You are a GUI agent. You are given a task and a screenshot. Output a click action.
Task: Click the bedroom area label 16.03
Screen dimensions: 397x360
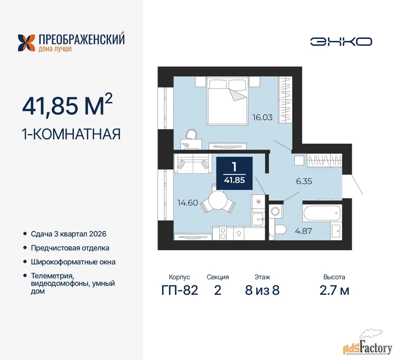pos(262,117)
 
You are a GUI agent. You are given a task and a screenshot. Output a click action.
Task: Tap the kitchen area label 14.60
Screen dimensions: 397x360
pos(188,203)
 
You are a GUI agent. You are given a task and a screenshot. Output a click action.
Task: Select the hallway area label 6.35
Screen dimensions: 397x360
pos(304,181)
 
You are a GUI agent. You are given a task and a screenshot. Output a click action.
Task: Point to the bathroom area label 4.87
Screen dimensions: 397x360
pos(303,231)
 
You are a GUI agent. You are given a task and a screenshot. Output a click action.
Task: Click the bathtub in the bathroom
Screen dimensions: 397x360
pos(322,213)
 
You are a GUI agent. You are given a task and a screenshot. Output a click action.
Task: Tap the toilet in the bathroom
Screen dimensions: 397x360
pos(280,230)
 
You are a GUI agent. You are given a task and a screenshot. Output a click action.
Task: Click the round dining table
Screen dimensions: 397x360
pos(218,200)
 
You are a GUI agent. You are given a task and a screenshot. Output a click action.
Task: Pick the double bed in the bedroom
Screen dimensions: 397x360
pos(227,101)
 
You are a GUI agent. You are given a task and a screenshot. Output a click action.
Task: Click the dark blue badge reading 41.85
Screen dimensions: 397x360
pos(234,173)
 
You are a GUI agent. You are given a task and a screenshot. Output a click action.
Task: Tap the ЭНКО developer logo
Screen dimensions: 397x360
pos(341,42)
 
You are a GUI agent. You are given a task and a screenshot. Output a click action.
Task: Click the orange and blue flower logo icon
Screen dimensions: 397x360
pos(26,43)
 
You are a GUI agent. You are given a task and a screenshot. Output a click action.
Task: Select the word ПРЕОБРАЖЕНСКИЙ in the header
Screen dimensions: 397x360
pos(82,39)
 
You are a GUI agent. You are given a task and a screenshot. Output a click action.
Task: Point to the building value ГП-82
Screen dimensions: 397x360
pos(180,290)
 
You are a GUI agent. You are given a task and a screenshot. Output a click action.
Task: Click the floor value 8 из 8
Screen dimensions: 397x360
pos(262,290)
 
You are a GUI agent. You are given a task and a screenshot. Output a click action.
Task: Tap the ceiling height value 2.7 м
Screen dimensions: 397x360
pos(334,290)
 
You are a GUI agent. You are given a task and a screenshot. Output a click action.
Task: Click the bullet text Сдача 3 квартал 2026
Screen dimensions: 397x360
pos(69,234)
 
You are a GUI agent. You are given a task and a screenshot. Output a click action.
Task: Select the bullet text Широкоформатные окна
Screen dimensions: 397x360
pos(73,262)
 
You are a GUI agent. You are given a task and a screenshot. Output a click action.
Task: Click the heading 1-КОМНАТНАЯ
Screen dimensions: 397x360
pos(71,134)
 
